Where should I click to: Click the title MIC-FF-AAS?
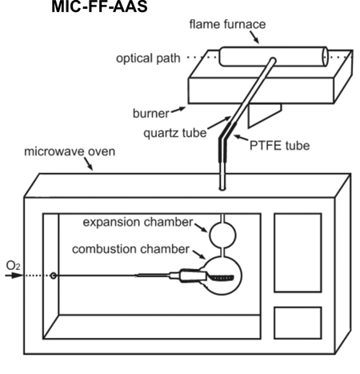99,6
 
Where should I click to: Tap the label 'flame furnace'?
227,24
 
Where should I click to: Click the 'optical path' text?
148,58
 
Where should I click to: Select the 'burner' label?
151,113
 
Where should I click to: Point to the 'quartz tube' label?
175,133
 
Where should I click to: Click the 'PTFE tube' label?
279,146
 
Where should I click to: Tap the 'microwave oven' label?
70,151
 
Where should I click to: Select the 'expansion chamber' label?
138,222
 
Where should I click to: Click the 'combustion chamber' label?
130,249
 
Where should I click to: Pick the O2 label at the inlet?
13,266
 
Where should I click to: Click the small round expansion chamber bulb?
222,235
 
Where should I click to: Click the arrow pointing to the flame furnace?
254,37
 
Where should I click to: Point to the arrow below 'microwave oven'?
89,163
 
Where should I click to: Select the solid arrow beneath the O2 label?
14,275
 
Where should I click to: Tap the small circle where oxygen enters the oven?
54,275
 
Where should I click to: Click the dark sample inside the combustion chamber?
222,278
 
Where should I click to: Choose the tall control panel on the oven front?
298,252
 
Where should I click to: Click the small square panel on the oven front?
298,323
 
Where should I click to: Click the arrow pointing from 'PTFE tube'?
241,138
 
